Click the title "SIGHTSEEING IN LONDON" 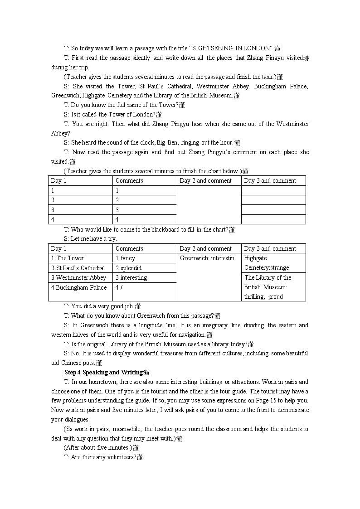(x=233, y=48)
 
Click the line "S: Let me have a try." (x=90, y=239)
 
